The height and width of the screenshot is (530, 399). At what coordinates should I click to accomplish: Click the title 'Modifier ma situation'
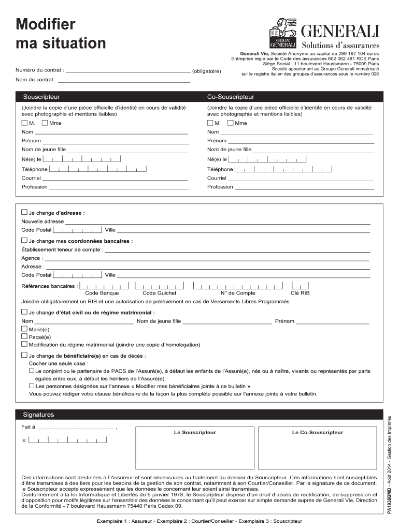(x=60, y=33)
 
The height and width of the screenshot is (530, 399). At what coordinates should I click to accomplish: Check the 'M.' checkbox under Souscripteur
(x=24, y=123)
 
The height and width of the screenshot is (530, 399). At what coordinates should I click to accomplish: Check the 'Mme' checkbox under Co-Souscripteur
(x=230, y=123)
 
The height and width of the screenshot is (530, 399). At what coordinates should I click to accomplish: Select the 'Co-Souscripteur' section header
(x=231, y=97)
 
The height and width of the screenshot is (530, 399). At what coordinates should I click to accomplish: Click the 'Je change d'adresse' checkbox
(x=24, y=212)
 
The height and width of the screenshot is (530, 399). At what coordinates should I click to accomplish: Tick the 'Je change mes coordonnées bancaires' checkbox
(x=24, y=241)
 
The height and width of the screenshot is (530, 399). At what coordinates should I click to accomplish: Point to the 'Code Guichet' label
(x=159, y=293)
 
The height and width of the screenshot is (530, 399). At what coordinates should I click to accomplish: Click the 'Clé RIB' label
(x=300, y=293)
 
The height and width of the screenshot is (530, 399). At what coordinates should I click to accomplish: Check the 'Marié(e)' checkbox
(x=24, y=329)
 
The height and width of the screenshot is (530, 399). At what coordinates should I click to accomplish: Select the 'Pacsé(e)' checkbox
(x=24, y=336)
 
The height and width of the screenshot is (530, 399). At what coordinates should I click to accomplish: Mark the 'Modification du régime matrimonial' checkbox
(x=24, y=344)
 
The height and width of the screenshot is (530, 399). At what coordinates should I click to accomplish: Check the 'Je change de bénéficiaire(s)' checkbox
(x=24, y=356)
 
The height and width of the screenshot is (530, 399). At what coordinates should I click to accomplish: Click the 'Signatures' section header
(x=38, y=415)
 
